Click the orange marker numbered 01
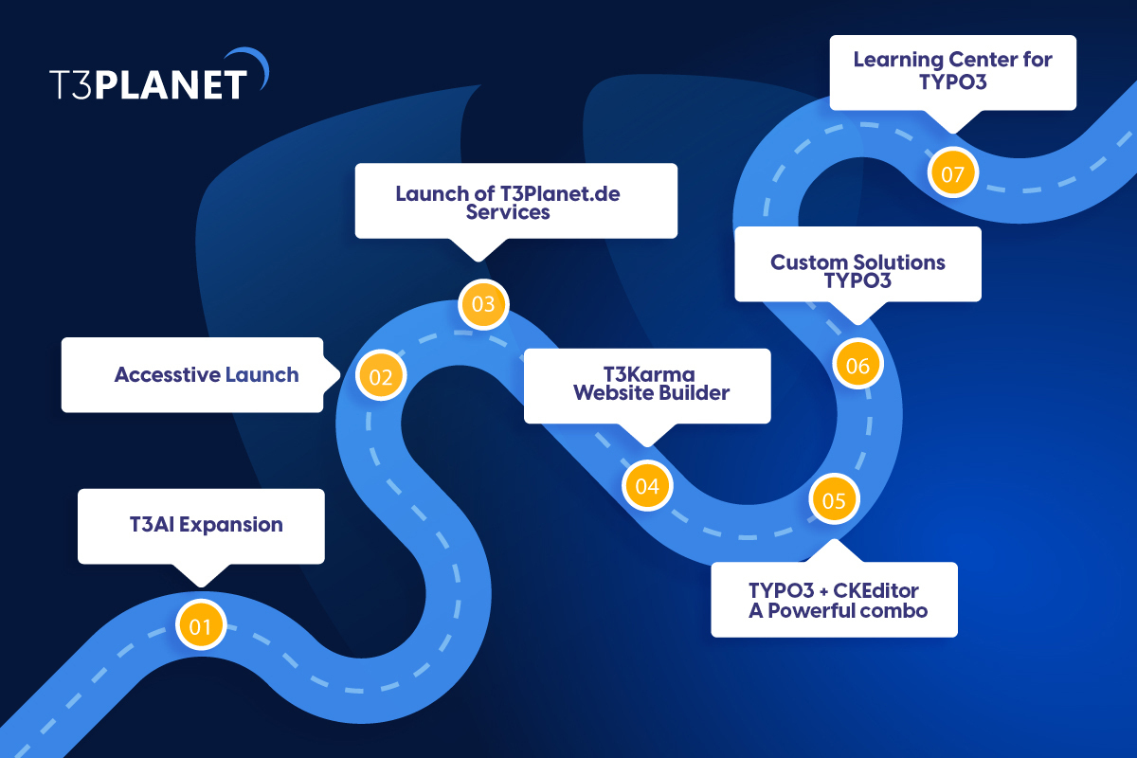201,625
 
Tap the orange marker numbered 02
381,376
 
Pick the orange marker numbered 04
647,487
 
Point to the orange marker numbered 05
834,500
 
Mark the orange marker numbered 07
953,174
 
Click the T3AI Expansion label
207,524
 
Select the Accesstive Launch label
207,374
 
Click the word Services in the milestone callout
508,212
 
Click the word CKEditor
871,591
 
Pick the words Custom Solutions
857,262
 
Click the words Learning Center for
952,59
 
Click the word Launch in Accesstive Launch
262,374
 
